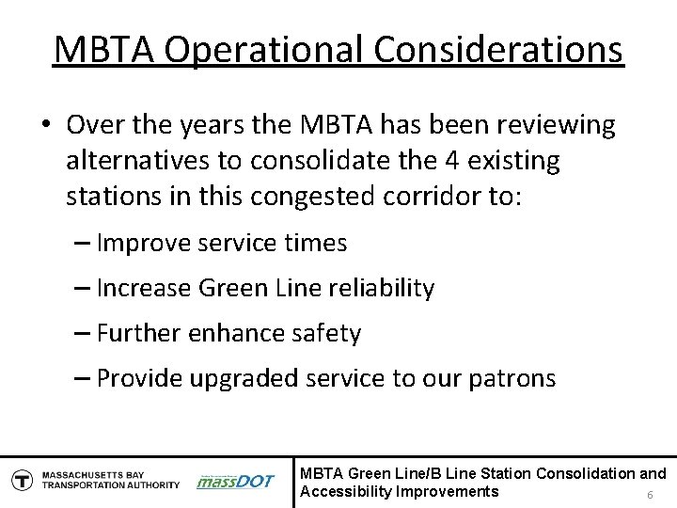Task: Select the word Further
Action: (x=141, y=333)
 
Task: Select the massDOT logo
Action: (x=234, y=481)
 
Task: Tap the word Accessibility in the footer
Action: (x=343, y=491)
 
